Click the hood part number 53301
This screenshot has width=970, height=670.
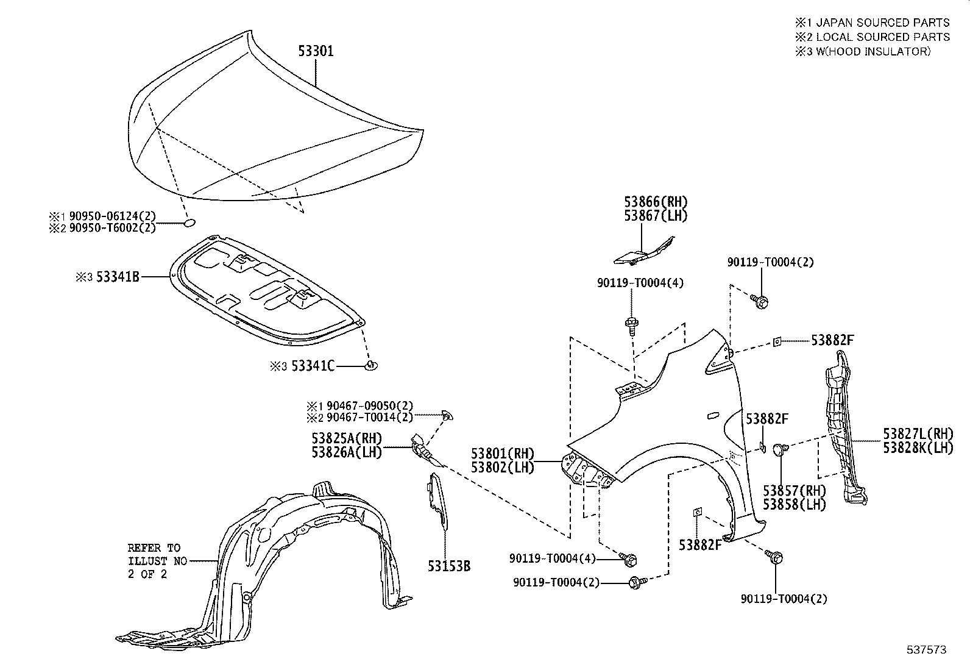(x=316, y=51)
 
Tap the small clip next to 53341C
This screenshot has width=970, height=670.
(x=370, y=365)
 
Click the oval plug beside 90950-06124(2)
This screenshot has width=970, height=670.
(x=189, y=224)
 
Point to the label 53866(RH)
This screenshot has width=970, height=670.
(x=655, y=202)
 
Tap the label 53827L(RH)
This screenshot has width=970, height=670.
(x=918, y=434)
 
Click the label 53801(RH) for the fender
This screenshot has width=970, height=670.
(x=502, y=454)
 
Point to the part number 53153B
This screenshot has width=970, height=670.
(x=449, y=566)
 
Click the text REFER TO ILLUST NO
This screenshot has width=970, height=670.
(x=154, y=554)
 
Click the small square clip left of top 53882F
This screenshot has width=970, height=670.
(x=777, y=342)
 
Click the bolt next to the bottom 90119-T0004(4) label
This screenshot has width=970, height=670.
(x=630, y=558)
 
